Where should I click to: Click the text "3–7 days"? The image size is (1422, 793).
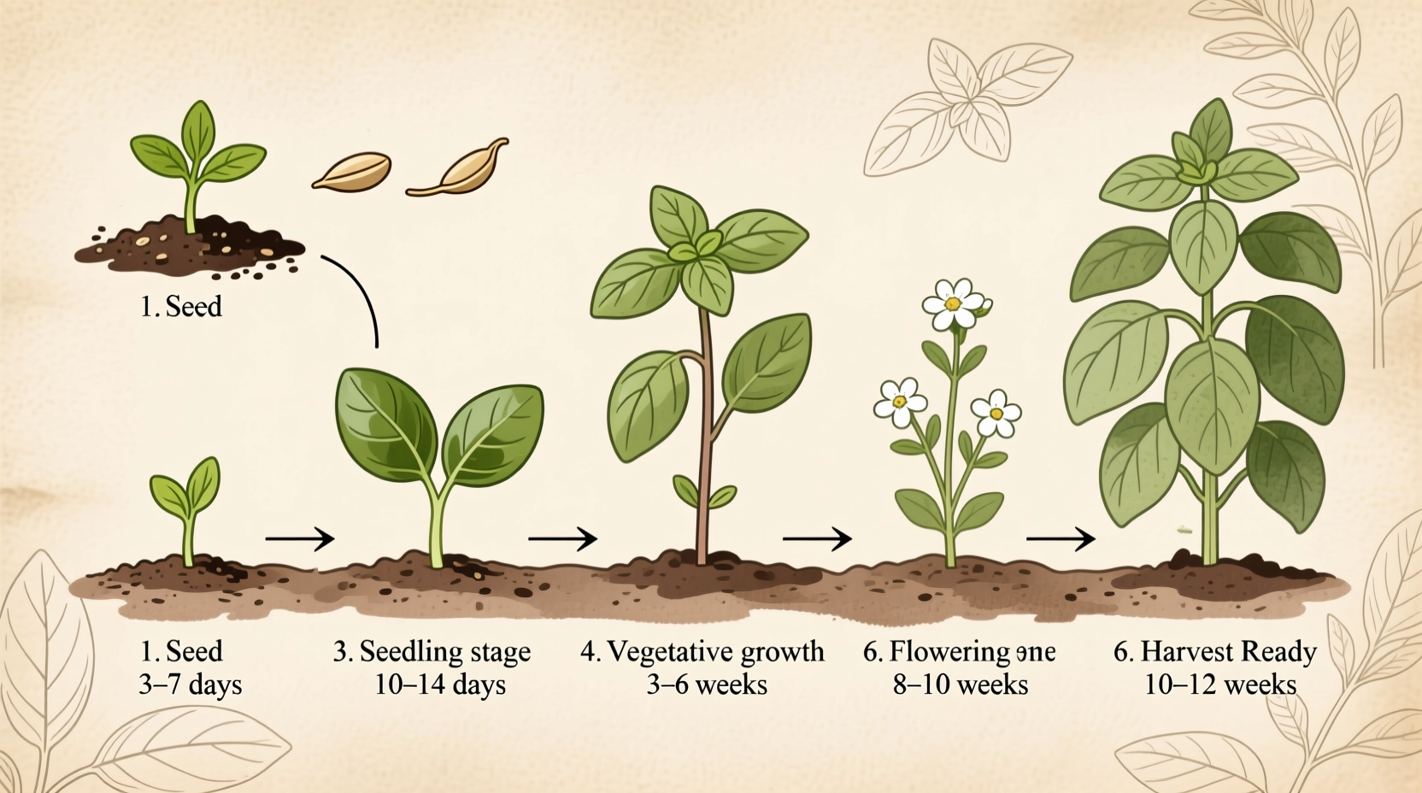(190, 685)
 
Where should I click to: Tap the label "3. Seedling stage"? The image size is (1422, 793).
(432, 652)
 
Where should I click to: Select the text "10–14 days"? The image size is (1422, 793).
(439, 685)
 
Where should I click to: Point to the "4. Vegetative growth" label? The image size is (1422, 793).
(702, 652)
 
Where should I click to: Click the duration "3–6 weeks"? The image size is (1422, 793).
(707, 685)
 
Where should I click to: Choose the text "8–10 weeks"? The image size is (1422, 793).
(961, 685)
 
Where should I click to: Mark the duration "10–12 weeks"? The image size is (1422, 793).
(1220, 685)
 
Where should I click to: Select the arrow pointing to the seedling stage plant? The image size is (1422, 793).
(299, 539)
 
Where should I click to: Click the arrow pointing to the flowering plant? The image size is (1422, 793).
(817, 538)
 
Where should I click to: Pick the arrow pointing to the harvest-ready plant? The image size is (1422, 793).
(1061, 538)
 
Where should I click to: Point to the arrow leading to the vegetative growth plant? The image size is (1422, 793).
(562, 538)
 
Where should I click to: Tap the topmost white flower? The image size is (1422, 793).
(954, 303)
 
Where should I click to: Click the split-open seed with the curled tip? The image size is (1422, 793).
(460, 170)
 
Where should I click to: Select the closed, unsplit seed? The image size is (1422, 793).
(352, 170)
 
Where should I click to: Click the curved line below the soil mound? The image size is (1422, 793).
(360, 291)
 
